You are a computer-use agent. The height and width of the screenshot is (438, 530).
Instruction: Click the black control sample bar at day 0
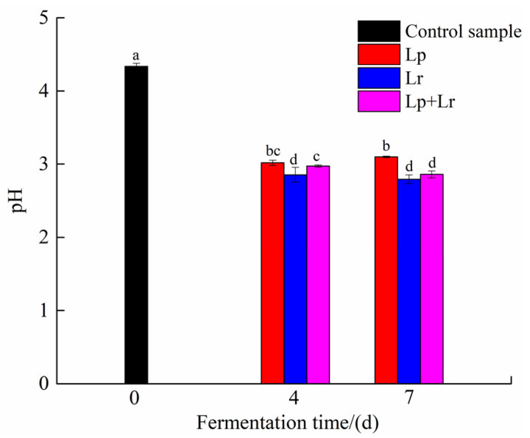pos(136,225)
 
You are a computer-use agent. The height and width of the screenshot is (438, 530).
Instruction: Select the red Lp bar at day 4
pos(272,273)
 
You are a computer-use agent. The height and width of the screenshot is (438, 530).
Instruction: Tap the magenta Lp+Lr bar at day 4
pos(318,275)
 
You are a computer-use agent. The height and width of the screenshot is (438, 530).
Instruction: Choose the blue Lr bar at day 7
pos(409,281)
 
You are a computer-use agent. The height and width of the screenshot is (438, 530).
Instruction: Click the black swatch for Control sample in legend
pos(379,31)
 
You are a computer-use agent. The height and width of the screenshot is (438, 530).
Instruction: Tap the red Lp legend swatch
pos(379,54)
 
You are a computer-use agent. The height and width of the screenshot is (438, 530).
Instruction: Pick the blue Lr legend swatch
pos(379,78)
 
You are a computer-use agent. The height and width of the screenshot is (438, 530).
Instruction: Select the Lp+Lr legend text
pos(430,102)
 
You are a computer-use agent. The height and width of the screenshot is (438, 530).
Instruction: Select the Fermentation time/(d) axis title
pos(287,423)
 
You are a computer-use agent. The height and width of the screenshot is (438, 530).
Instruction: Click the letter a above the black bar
pos(136,56)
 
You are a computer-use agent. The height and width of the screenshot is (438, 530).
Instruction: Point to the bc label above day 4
pos(273,151)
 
